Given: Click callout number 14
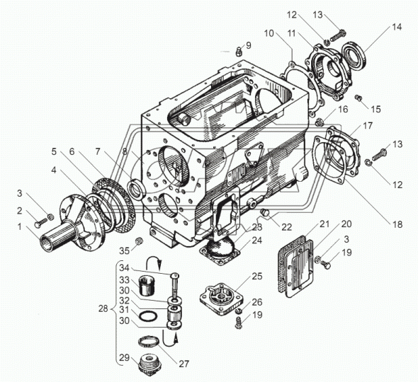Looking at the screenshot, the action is pyautogui.click(x=397, y=27).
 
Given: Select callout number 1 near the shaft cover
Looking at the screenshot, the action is pyautogui.click(x=19, y=227).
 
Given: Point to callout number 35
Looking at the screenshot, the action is pyautogui.click(x=124, y=250).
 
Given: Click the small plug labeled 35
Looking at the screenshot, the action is pyautogui.click(x=139, y=241).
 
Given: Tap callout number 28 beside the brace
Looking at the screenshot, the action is pyautogui.click(x=103, y=309).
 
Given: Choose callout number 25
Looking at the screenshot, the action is pyautogui.click(x=257, y=277).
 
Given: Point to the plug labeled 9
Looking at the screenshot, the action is pyautogui.click(x=239, y=52).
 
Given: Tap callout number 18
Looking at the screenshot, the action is pyautogui.click(x=397, y=224).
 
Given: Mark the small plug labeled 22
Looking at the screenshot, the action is pyautogui.click(x=265, y=214).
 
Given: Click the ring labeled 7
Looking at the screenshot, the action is pyautogui.click(x=136, y=190).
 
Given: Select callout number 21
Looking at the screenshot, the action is pyautogui.click(x=324, y=224).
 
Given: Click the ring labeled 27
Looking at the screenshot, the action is pyautogui.click(x=149, y=342).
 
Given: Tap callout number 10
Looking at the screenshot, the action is pyautogui.click(x=269, y=33).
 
